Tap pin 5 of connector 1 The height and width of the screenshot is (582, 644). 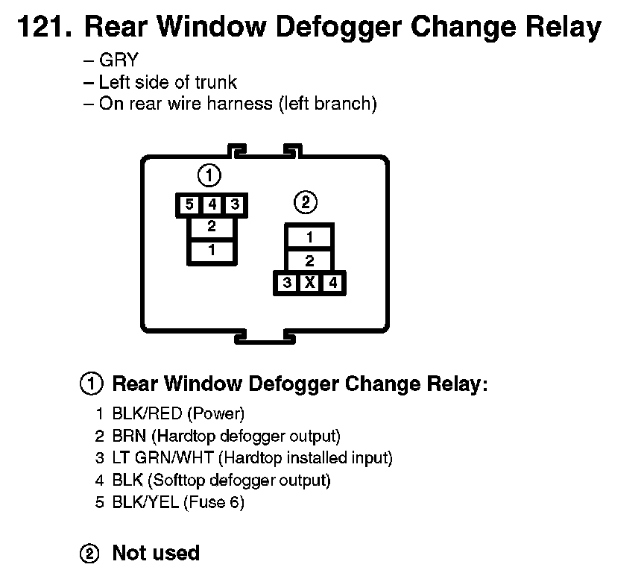pyautogui.click(x=189, y=204)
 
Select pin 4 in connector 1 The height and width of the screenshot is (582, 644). pyautogui.click(x=212, y=204)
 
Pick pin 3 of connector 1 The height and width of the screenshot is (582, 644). pyautogui.click(x=234, y=204)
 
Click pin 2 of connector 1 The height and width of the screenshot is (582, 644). pyautogui.click(x=212, y=227)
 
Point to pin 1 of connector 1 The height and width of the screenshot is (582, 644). pyautogui.click(x=212, y=251)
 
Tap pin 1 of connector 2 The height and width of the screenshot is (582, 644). pyautogui.click(x=309, y=238)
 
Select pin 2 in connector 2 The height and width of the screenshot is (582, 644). pyautogui.click(x=309, y=261)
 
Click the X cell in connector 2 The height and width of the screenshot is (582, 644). pyautogui.click(x=309, y=284)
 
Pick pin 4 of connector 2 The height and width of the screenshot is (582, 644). pyautogui.click(x=332, y=284)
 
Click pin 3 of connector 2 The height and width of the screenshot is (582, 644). pyautogui.click(x=287, y=284)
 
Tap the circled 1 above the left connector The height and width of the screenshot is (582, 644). pyautogui.click(x=210, y=176)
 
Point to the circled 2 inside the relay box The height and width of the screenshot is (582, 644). pyautogui.click(x=306, y=202)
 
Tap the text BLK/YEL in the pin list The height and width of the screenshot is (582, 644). pyautogui.click(x=145, y=502)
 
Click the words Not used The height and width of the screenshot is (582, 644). pyautogui.click(x=156, y=553)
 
